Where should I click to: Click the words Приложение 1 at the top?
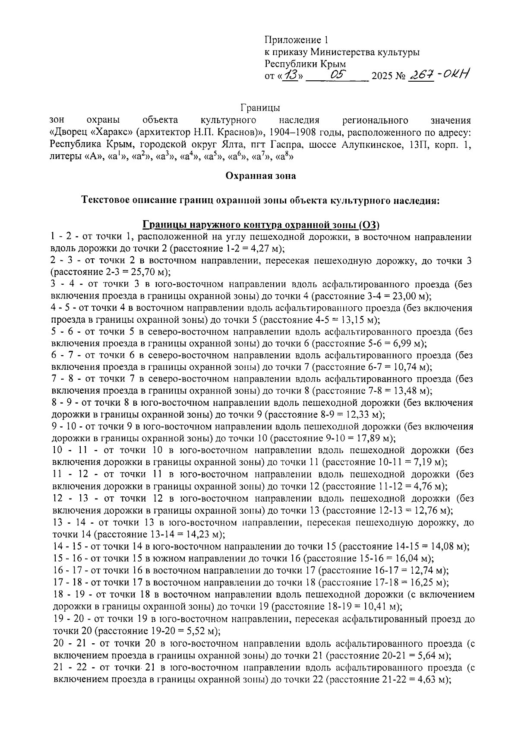tap(296, 41)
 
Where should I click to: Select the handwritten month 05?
tap(337, 75)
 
